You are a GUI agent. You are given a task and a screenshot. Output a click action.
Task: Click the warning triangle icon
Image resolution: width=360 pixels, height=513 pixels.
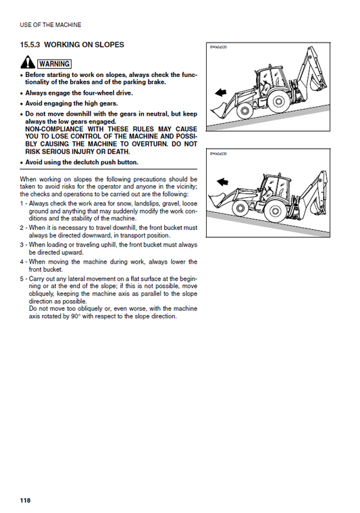click(28, 62)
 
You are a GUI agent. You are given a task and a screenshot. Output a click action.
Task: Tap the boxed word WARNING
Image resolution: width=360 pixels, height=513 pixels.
click(54, 64)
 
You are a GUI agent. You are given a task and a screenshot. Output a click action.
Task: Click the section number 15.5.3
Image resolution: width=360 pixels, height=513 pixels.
click(30, 45)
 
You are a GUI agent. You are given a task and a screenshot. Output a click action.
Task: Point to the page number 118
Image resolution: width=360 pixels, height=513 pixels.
click(25, 500)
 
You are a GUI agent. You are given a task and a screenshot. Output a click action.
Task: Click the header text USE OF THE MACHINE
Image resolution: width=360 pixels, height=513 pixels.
click(51, 25)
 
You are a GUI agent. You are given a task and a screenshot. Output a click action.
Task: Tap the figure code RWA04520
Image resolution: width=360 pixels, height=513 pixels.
click(218, 47)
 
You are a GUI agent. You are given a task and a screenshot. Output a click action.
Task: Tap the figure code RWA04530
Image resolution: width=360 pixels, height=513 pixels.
click(218, 154)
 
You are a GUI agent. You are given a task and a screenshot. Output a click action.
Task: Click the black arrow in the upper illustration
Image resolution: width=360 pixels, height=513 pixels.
click(221, 93)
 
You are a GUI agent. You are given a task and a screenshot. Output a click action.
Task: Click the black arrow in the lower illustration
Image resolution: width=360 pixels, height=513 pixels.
click(223, 182)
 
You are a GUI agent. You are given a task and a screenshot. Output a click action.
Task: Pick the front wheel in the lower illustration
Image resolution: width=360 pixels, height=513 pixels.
click(240, 208)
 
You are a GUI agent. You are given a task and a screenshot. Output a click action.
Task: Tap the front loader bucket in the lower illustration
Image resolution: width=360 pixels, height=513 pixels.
click(217, 199)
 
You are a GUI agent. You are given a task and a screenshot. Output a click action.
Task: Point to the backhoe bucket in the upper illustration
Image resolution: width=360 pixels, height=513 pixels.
click(317, 83)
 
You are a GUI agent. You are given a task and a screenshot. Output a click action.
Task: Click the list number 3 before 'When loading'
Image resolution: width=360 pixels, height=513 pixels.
click(22, 245)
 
